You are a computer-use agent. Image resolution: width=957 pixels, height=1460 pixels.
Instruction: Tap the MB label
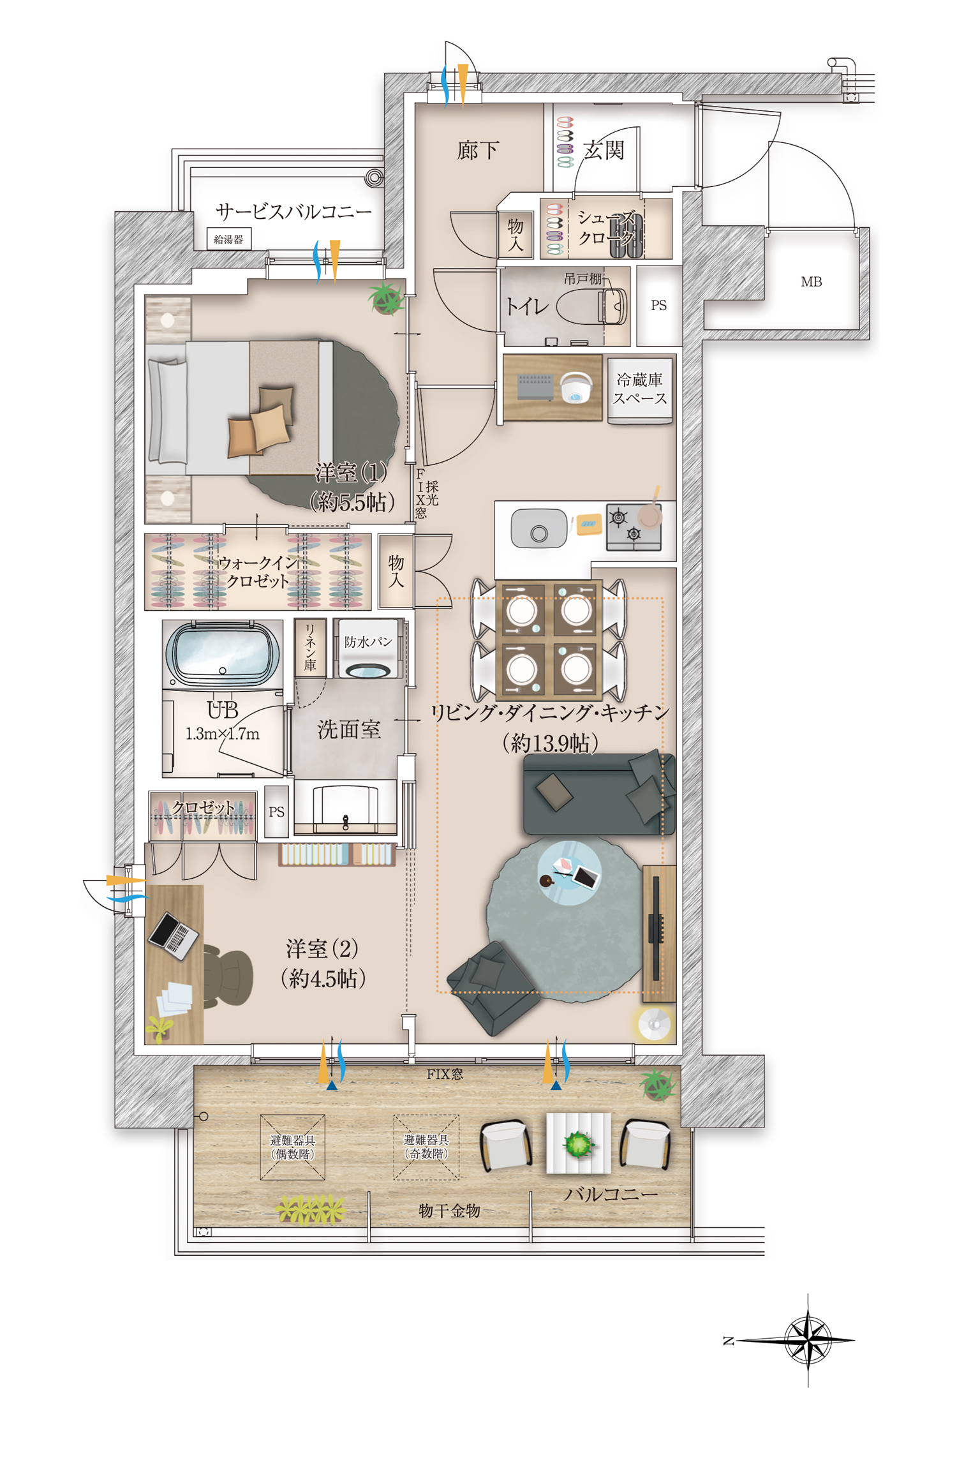(x=811, y=281)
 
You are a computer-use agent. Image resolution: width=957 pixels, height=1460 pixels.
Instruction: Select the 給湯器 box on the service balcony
(x=228, y=239)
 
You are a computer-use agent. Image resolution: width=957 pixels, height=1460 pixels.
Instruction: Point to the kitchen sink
(x=538, y=528)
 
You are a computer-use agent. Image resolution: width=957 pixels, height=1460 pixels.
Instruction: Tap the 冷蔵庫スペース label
(x=639, y=389)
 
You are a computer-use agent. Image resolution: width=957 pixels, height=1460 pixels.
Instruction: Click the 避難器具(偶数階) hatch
(x=292, y=1147)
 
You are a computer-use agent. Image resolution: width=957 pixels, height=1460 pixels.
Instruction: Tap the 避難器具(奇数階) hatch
(x=426, y=1147)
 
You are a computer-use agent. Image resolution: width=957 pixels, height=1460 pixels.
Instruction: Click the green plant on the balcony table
(x=578, y=1144)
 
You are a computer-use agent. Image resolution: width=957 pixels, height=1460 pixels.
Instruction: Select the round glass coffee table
(x=570, y=872)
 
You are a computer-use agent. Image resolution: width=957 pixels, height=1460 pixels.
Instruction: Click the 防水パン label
(x=368, y=641)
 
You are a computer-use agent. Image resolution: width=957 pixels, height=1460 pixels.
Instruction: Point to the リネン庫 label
(x=310, y=647)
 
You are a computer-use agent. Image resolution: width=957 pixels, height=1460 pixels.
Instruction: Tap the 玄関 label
(x=604, y=151)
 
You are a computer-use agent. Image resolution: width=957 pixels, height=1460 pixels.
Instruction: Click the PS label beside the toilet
(x=658, y=305)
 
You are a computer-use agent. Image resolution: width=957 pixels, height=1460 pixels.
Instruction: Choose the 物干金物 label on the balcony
(x=449, y=1210)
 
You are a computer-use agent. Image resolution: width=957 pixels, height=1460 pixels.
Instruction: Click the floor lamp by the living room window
(x=655, y=1024)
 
